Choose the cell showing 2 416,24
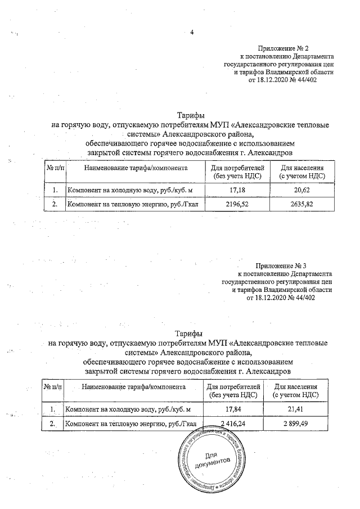[x=233, y=424]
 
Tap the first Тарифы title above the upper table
[x=190, y=115]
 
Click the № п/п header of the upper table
[x=55, y=168]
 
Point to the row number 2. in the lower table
[x=52, y=424]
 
